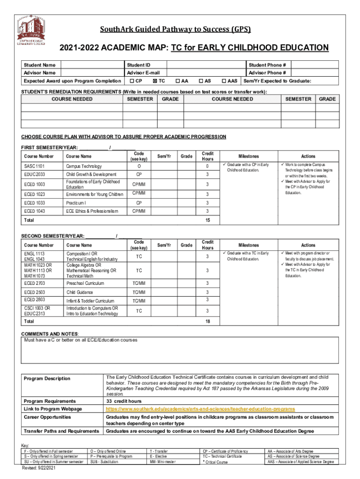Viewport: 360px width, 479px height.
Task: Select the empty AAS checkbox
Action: click(x=223, y=81)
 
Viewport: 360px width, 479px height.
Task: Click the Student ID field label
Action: click(x=138, y=65)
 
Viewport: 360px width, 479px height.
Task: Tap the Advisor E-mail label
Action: click(x=143, y=73)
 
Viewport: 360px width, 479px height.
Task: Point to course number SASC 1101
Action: click(x=34, y=167)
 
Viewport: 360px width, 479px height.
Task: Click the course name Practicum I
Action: click(x=76, y=203)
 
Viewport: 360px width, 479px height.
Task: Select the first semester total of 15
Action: click(x=207, y=220)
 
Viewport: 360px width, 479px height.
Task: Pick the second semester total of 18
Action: click(x=207, y=322)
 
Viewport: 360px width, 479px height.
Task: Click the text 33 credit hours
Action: click(x=124, y=401)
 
